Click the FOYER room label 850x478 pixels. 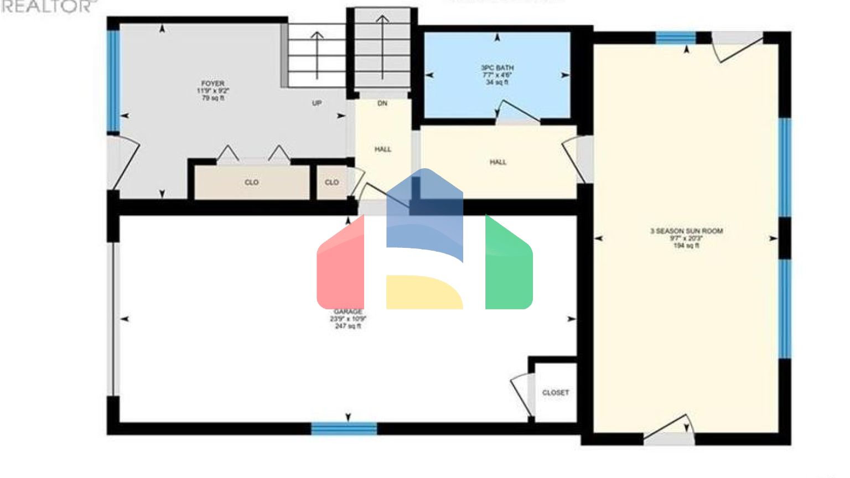coord(213,84)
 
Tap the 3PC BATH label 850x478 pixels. coord(497,67)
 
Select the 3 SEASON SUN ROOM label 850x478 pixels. coord(686,231)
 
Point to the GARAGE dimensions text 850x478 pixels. coord(348,319)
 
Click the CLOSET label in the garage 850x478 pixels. coord(556,393)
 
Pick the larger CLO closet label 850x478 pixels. coord(252,183)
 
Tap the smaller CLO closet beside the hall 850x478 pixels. coord(332,183)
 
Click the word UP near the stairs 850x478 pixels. coord(317,103)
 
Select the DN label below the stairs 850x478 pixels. coord(382,103)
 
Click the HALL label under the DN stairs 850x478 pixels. coord(383,149)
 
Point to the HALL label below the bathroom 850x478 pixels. coord(498,162)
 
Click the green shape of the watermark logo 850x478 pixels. coord(509,266)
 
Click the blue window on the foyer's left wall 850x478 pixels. coord(113,80)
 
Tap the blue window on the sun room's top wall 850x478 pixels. coord(676,38)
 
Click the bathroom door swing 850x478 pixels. coord(517,111)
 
